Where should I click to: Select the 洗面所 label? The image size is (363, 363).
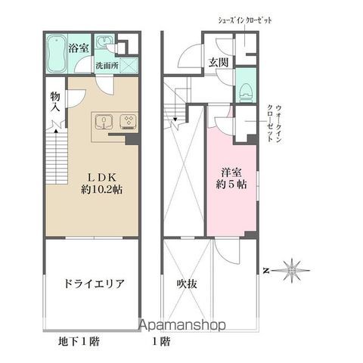[x=107, y=66]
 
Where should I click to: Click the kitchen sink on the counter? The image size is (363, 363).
[x=104, y=121]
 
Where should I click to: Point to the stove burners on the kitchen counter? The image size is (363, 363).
[x=127, y=121]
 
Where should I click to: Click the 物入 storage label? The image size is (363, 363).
[x=55, y=103]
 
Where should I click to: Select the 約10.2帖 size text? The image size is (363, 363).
[x=101, y=190]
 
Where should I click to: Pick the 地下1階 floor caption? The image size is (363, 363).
[x=79, y=341]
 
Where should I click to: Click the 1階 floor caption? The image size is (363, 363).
[x=160, y=341]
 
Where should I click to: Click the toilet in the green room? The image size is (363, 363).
[x=244, y=91]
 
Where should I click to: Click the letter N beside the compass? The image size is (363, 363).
[x=265, y=268]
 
